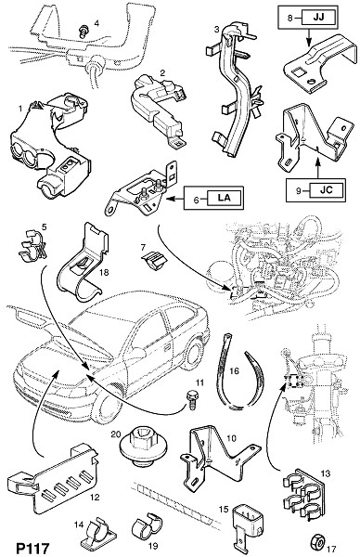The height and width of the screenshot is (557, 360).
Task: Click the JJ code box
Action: tap(318, 18)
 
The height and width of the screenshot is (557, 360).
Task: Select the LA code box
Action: tap(225, 199)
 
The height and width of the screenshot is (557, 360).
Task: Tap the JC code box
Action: tap(327, 190)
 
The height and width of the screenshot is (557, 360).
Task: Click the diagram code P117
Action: tap(32, 548)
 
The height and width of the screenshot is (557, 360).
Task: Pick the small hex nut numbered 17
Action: tap(316, 542)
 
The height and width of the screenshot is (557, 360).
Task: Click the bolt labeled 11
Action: tap(191, 399)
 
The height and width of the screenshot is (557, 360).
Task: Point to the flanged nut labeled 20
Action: tap(137, 448)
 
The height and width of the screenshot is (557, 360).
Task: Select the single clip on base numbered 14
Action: tap(97, 534)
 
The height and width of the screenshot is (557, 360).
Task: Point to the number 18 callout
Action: tap(104, 272)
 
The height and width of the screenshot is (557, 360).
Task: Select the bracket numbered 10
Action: tap(218, 456)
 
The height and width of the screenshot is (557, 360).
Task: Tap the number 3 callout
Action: tap(216, 30)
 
